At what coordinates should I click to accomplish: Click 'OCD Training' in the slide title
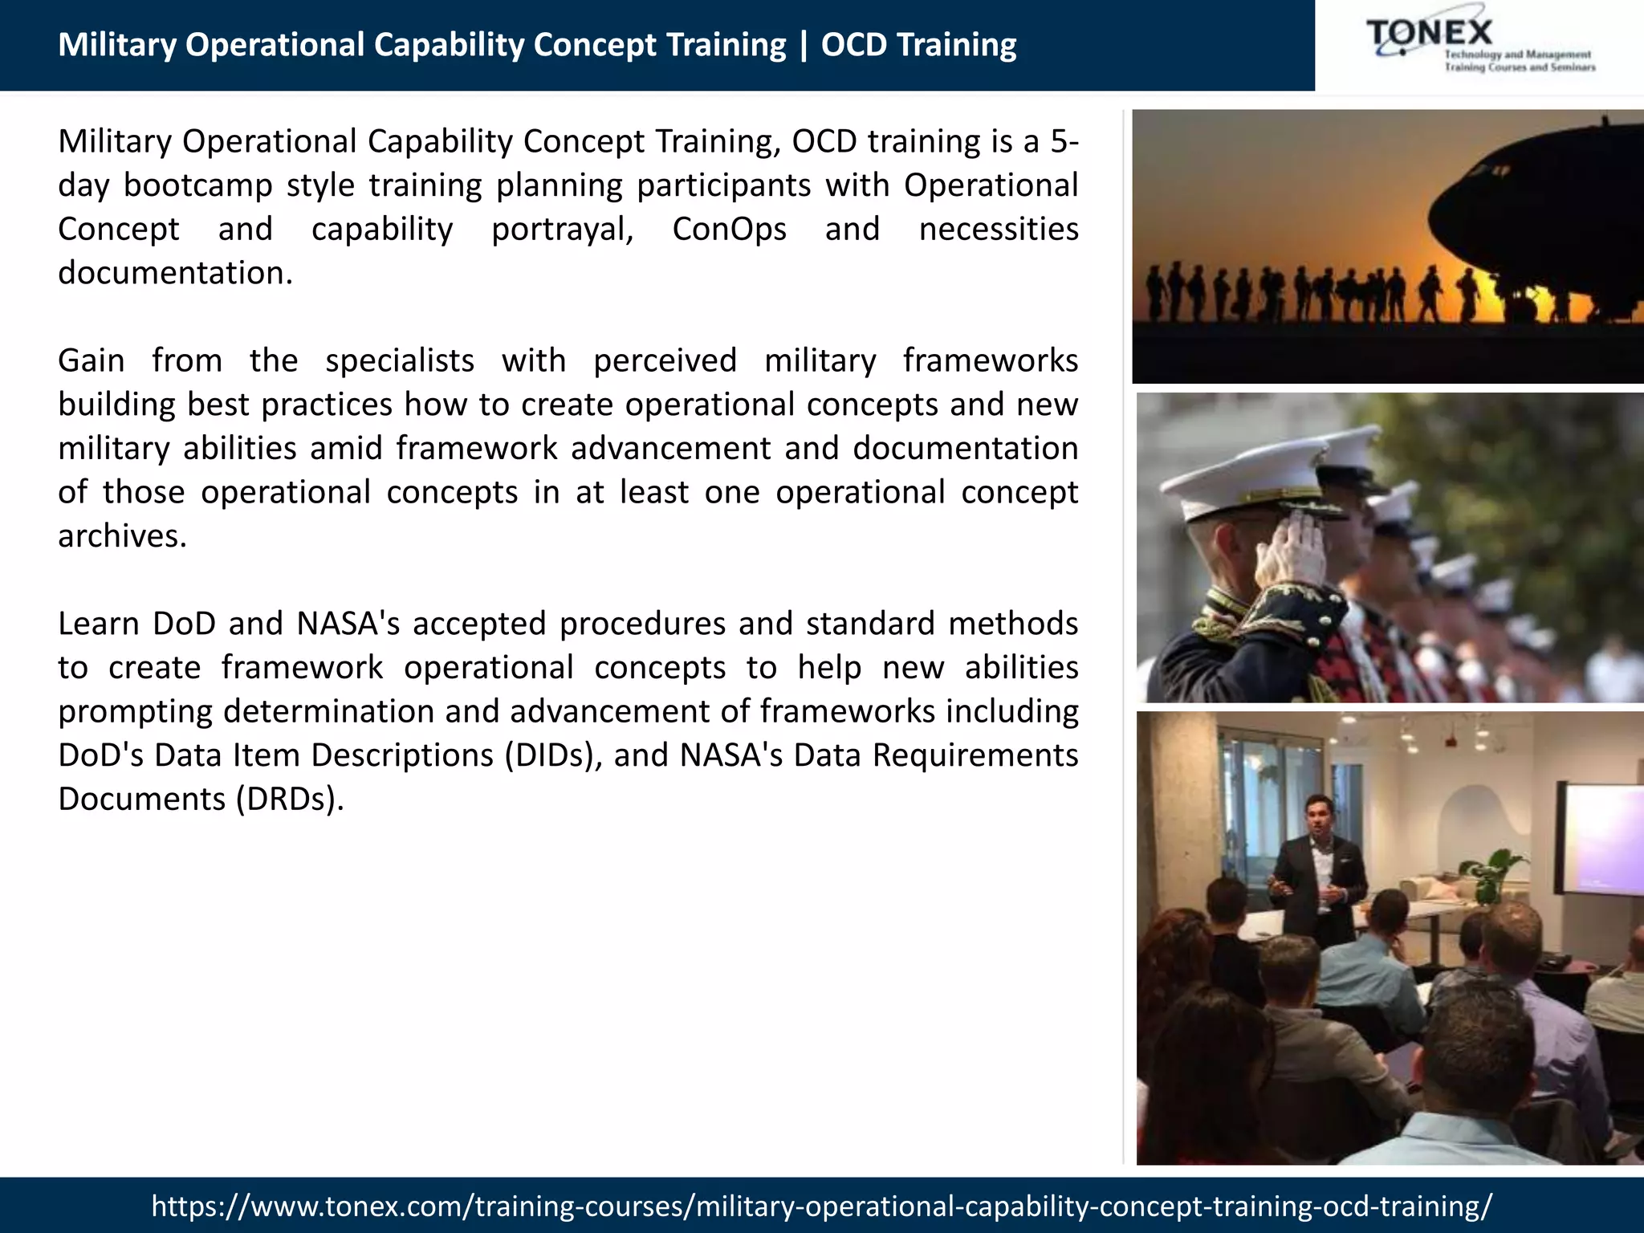click(918, 45)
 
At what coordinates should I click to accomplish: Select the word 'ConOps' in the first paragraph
click(729, 230)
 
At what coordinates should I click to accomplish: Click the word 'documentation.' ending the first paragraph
click(175, 274)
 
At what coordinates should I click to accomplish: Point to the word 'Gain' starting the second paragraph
click(91, 361)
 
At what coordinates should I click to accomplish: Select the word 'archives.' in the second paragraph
click(122, 536)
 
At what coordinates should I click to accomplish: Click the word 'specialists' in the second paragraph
click(399, 361)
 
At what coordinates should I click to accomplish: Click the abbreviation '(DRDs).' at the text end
click(290, 800)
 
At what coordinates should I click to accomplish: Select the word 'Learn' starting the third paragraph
click(98, 625)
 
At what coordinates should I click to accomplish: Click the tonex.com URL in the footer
click(821, 1206)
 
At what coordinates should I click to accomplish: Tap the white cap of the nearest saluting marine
click(1236, 482)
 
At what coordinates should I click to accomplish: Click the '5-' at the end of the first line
click(1064, 142)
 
